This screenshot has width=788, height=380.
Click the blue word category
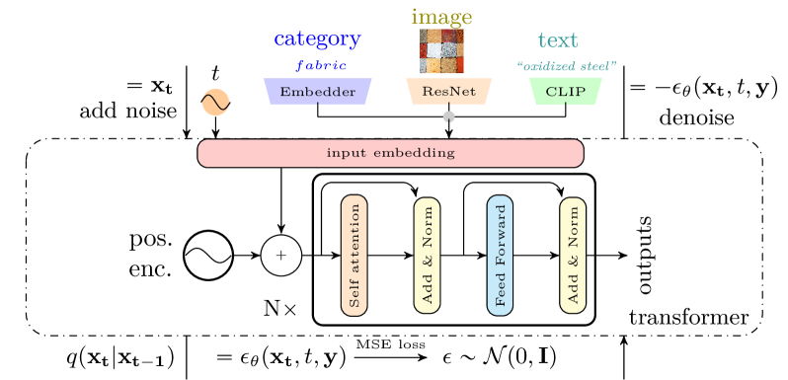tap(317, 40)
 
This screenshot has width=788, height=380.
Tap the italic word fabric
tap(322, 66)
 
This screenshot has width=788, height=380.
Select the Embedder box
tap(317, 92)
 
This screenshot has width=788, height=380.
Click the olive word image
tap(441, 18)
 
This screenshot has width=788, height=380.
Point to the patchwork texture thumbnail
tap(441, 51)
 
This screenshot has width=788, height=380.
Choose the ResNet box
tap(448, 92)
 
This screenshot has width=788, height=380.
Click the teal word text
tap(558, 41)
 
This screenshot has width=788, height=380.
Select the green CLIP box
tap(566, 92)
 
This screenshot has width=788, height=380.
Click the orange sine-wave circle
tap(215, 103)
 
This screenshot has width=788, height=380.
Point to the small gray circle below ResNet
tap(449, 117)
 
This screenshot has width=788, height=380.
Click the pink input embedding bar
tap(390, 153)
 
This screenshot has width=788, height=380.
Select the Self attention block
tap(354, 256)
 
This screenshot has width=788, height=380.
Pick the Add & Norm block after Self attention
tap(427, 256)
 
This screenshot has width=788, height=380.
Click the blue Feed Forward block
tap(500, 256)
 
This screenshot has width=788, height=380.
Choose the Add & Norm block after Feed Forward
tap(573, 256)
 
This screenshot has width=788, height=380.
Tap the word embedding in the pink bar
tap(420, 153)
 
